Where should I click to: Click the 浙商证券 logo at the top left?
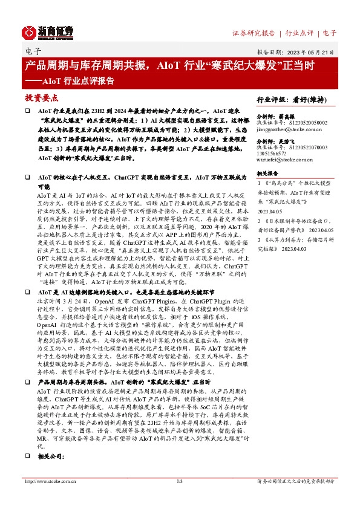pos(48,31)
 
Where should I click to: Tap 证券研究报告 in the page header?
pos(254,33)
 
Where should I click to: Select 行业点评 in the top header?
pos(299,33)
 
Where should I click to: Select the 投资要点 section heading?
pos(41,97)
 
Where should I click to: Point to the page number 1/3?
pos(180,498)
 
